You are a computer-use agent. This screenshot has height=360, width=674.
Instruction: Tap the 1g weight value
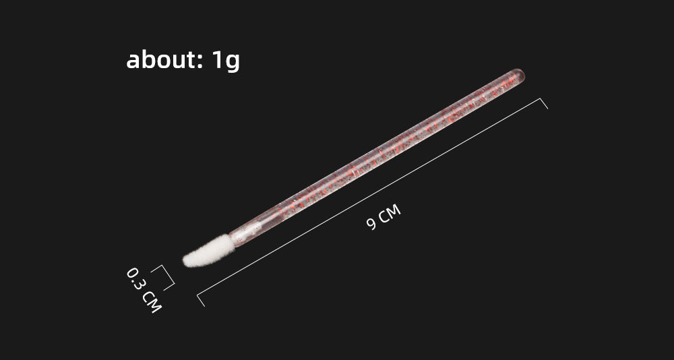[x=226, y=61]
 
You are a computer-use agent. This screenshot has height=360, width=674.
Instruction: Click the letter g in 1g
[x=233, y=63]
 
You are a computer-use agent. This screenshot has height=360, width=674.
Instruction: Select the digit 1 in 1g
[x=218, y=60]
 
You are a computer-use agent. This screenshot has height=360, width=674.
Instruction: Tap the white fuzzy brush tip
[x=209, y=251]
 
